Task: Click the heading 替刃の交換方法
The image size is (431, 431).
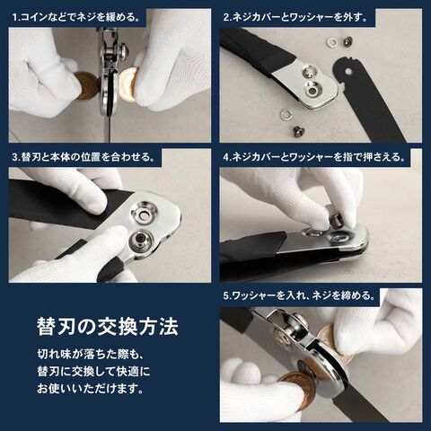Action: click(x=108, y=327)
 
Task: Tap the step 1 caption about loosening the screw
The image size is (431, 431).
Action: click(x=76, y=17)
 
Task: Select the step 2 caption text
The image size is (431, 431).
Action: click(x=295, y=17)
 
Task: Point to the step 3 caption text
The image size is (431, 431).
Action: click(x=84, y=157)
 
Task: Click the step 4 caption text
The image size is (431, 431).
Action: click(x=314, y=157)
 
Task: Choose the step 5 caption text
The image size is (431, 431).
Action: click(x=299, y=295)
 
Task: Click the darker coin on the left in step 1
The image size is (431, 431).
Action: click(x=86, y=86)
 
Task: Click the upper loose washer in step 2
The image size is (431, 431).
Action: click(x=332, y=42)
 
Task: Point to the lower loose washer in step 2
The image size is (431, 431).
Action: click(x=286, y=113)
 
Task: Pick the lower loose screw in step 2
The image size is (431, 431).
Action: click(x=298, y=130)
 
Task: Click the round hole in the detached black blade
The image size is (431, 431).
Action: click(x=347, y=72)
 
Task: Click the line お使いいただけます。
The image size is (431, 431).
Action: click(x=90, y=389)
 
